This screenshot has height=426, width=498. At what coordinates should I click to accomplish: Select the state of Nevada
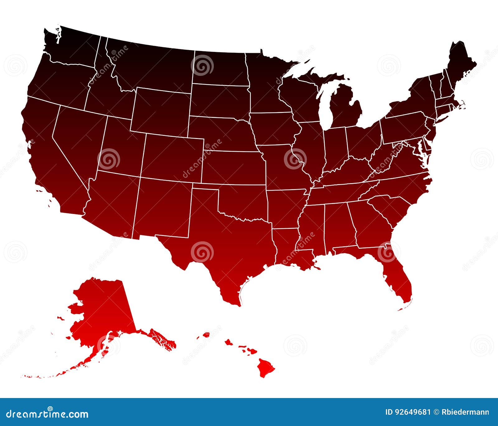78,137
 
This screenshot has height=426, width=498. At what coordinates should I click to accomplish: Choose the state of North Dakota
219,68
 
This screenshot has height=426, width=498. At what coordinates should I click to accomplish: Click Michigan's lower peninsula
345,112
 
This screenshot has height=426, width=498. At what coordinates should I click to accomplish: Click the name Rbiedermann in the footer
465,412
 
